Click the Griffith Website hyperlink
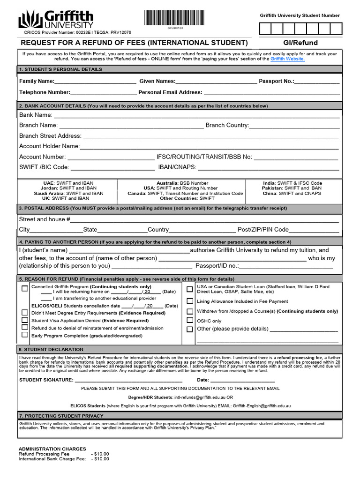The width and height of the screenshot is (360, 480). [x=287, y=59]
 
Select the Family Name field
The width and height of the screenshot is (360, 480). [x=96, y=82]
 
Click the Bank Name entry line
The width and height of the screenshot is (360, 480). [x=196, y=115]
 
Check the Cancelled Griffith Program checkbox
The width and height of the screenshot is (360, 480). [x=25, y=288]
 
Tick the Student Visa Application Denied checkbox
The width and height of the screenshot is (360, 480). [x=25, y=320]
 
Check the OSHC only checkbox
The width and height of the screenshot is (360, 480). [x=190, y=320]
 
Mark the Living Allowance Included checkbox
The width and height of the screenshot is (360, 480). [x=190, y=301]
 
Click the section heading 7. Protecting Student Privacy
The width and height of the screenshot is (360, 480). [x=61, y=416]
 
